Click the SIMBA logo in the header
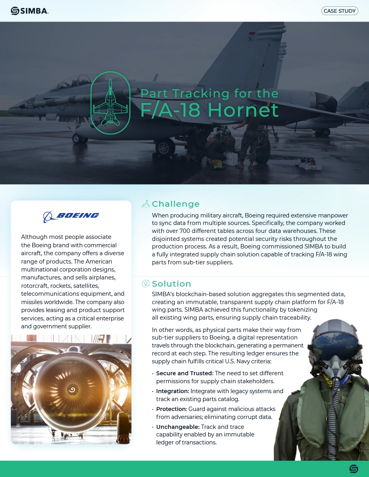29,11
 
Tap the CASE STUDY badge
340,11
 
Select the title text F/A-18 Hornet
209,110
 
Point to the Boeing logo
71,216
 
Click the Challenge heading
176,204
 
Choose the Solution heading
172,284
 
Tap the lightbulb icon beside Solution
146,283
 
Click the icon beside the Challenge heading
146,204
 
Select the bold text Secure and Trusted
184,373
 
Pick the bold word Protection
171,409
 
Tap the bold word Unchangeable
178,427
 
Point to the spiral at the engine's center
72,390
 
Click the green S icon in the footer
353,469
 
